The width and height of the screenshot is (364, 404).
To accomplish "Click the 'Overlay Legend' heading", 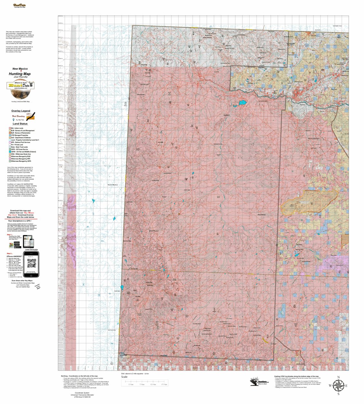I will click(21, 111).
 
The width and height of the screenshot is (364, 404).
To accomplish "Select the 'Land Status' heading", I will click(20, 124).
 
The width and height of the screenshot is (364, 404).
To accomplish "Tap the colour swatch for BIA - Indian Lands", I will click(10, 128).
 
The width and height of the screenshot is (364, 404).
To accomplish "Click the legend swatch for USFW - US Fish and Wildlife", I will click(10, 152).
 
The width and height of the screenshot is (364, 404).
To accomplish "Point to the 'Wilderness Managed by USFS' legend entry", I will click(21, 161).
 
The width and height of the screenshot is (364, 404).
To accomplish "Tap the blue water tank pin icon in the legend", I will click(13, 120).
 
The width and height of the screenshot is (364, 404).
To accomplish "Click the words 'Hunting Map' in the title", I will click(20, 74).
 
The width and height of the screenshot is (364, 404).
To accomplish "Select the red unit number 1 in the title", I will click(21, 71).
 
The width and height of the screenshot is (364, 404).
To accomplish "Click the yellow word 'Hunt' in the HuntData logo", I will click(15, 85).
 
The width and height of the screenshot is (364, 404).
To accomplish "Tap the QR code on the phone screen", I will click(32, 263).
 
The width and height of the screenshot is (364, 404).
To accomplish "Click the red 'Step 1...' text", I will click(10, 235).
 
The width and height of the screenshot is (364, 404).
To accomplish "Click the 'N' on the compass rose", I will click(338, 377).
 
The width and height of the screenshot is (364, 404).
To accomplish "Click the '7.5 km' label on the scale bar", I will click(142, 384).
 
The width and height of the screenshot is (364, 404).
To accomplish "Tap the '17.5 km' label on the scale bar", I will click(164, 384).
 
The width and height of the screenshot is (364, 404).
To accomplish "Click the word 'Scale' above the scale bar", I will click(124, 377).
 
